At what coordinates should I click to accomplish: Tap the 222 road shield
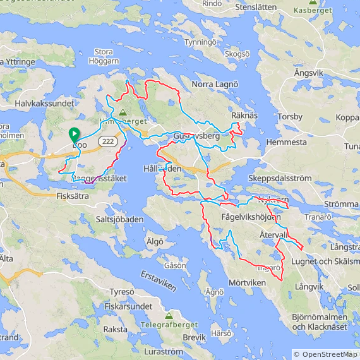coord(108,142)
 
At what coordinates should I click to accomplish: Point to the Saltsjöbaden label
coord(120,219)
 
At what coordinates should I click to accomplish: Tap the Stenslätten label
coord(256,8)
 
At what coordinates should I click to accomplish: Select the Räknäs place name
coord(245,116)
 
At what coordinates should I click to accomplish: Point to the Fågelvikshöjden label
coord(251,217)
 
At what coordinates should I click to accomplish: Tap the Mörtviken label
coord(247,282)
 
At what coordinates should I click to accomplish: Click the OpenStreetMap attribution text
coord(325,354)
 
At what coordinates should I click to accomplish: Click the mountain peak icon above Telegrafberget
coord(169,315)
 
